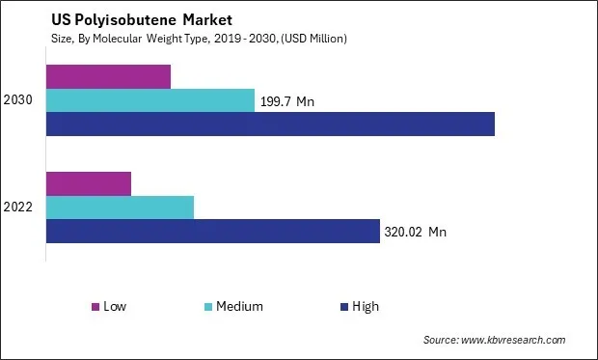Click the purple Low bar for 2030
tap(108, 76)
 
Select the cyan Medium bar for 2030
tap(150, 100)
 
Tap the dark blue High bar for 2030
tap(270, 124)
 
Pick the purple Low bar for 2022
tap(89, 183)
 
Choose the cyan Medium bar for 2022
tap(120, 207)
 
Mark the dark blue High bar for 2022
tap(212, 231)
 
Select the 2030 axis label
tap(19, 100)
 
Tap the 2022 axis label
tap(19, 208)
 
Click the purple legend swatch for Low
tap(95, 307)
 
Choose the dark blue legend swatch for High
tap(342, 307)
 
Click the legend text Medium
tap(240, 307)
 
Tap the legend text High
tap(366, 307)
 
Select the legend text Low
tap(115, 307)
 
